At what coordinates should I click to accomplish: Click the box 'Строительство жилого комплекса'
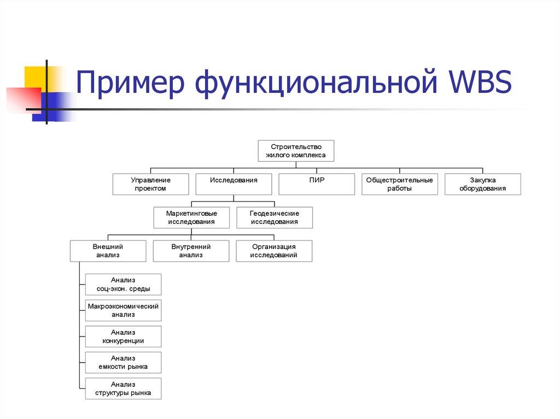tap(295, 151)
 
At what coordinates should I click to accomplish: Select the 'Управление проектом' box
tap(150, 184)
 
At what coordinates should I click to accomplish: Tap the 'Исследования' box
tap(234, 184)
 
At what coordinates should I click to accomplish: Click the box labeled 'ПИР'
tap(317, 184)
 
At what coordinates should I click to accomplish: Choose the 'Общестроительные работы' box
tap(399, 184)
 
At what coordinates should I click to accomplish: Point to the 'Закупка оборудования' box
tap(483, 184)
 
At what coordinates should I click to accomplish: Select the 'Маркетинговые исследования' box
tap(191, 217)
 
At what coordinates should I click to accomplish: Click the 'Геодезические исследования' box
tap(275, 217)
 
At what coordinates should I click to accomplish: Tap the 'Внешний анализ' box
tap(108, 251)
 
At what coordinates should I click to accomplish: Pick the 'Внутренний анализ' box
tap(191, 251)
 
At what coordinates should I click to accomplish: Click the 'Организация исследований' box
tap(274, 251)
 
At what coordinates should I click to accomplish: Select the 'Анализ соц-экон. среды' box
tap(123, 285)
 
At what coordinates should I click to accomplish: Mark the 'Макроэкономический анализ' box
tap(123, 310)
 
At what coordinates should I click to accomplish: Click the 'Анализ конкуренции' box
tap(123, 337)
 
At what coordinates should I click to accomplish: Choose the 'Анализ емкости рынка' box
tap(123, 362)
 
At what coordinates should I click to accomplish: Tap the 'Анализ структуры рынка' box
tap(123, 388)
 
